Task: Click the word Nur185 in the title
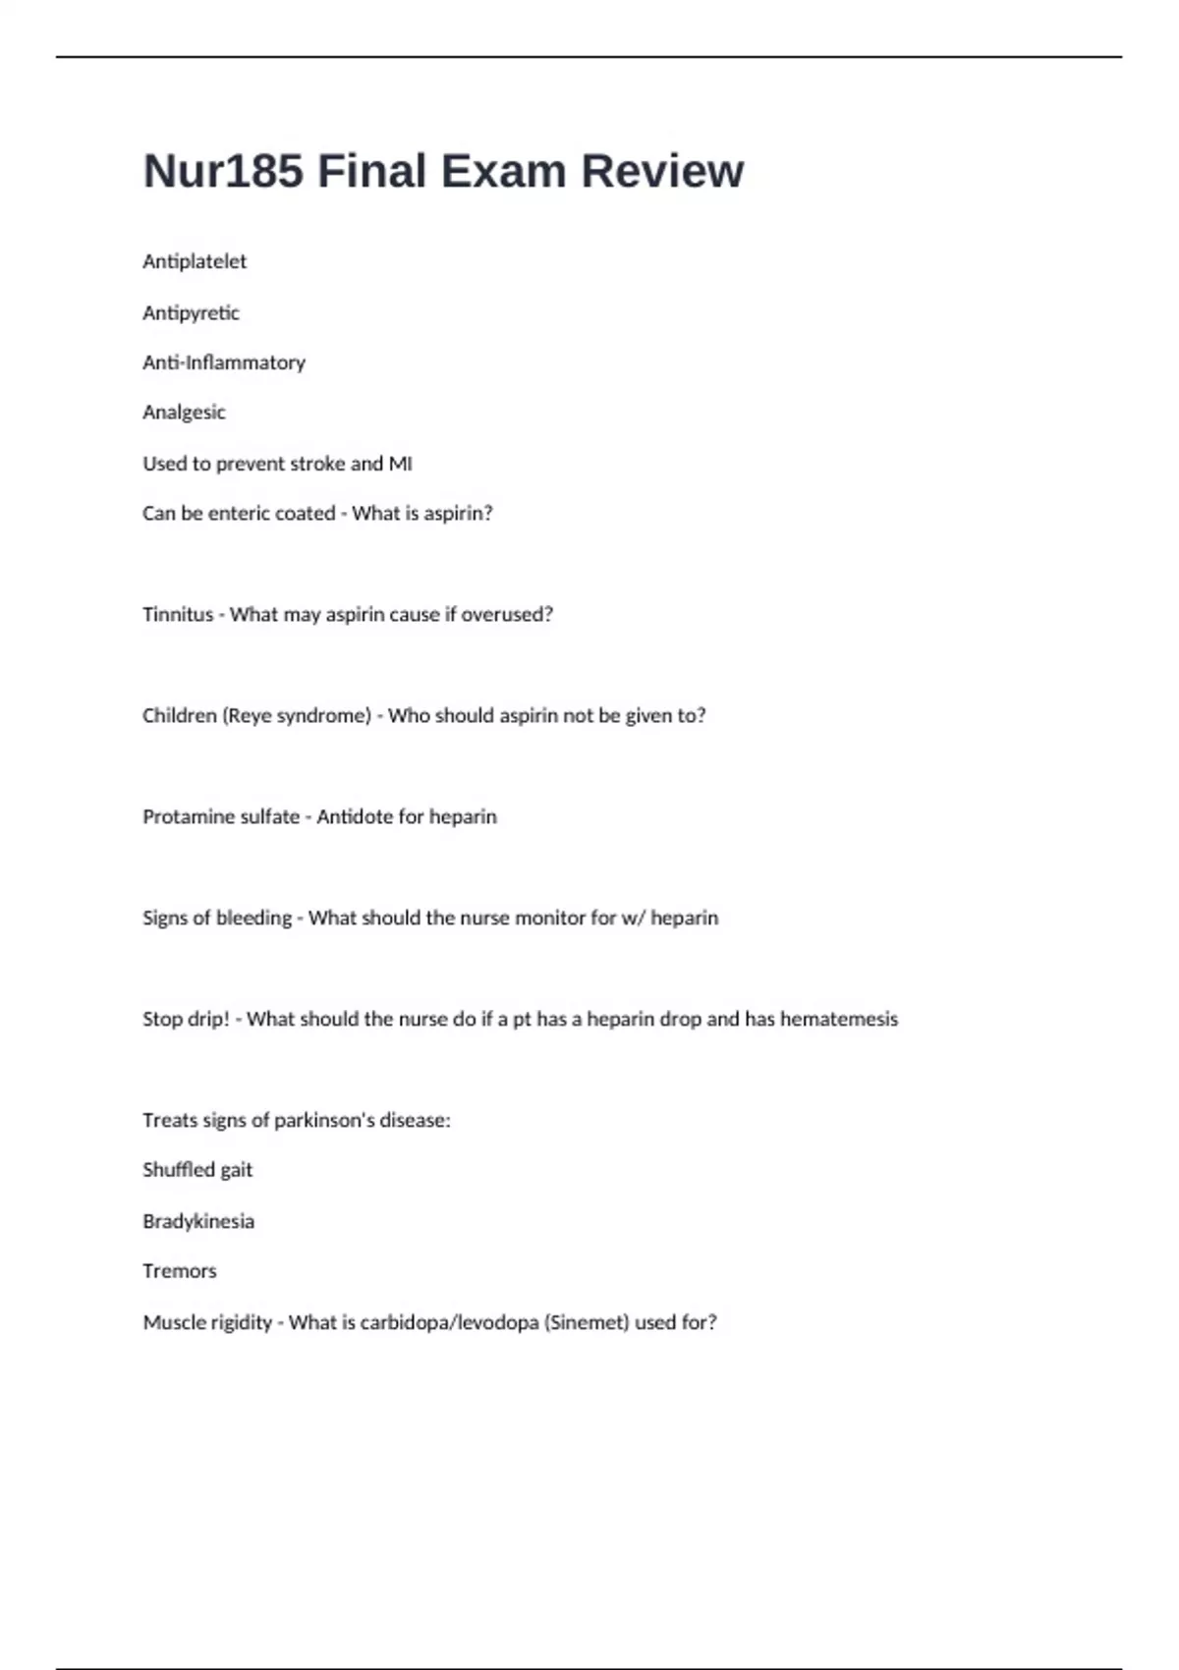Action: point(223,171)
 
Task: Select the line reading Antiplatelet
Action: point(195,261)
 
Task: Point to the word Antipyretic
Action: point(191,312)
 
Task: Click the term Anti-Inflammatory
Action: point(224,362)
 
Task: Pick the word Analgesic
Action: point(184,413)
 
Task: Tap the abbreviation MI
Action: point(401,464)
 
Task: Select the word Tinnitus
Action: point(178,615)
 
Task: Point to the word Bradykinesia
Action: point(198,1222)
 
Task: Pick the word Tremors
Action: point(180,1272)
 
